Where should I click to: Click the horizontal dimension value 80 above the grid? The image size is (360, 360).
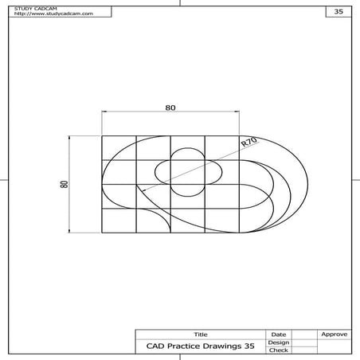coord(170,107)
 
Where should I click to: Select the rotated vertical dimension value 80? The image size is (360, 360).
coord(64,184)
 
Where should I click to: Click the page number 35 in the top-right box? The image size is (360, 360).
coord(338,12)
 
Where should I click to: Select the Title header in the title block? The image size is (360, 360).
coord(200,335)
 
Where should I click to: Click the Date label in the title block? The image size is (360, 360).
coord(279,335)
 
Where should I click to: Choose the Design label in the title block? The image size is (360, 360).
coord(279,342)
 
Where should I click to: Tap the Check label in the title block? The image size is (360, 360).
coord(279,350)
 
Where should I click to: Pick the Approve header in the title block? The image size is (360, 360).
coord(332,335)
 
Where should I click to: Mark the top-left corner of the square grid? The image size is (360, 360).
coord(102,135)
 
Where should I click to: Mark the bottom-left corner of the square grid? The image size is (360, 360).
coord(102,236)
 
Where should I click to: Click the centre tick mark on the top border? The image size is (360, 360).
coord(180,4)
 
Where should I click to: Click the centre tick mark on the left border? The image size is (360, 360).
coord(4,180)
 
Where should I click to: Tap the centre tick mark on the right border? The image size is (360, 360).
coord(355,180)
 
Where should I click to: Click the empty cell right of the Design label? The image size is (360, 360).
coord(303,342)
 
